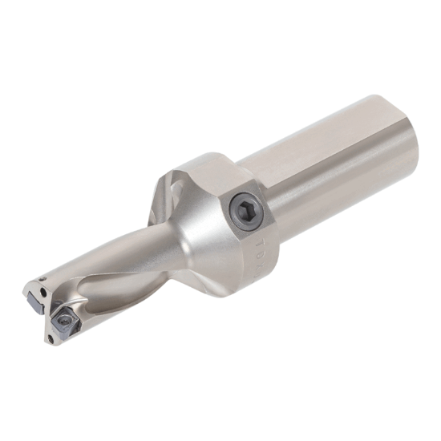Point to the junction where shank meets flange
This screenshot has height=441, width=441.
tap(265, 172)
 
